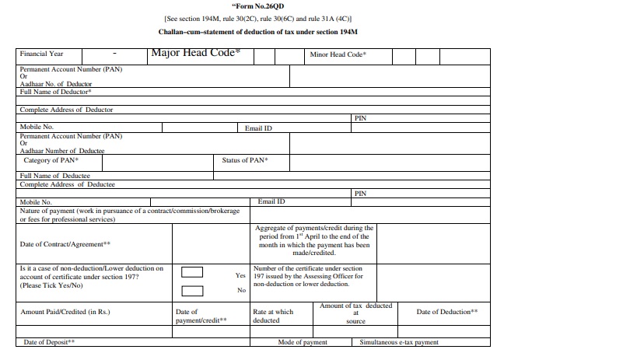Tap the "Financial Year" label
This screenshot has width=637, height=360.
click(41, 54)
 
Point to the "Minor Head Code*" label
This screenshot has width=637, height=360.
click(338, 55)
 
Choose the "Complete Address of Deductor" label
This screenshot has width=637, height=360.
click(66, 110)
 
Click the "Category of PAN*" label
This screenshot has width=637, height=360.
click(51, 160)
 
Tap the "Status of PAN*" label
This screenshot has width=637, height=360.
click(245, 160)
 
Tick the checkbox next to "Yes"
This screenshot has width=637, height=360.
click(192, 272)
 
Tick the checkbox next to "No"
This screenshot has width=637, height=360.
click(192, 291)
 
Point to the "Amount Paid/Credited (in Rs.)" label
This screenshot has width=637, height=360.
click(65, 312)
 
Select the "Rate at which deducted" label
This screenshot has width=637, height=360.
click(273, 316)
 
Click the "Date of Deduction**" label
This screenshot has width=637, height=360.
click(447, 312)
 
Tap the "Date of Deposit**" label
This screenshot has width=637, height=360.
click(49, 342)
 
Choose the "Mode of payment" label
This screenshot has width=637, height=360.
click(303, 342)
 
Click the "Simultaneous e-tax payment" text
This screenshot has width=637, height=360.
click(399, 342)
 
